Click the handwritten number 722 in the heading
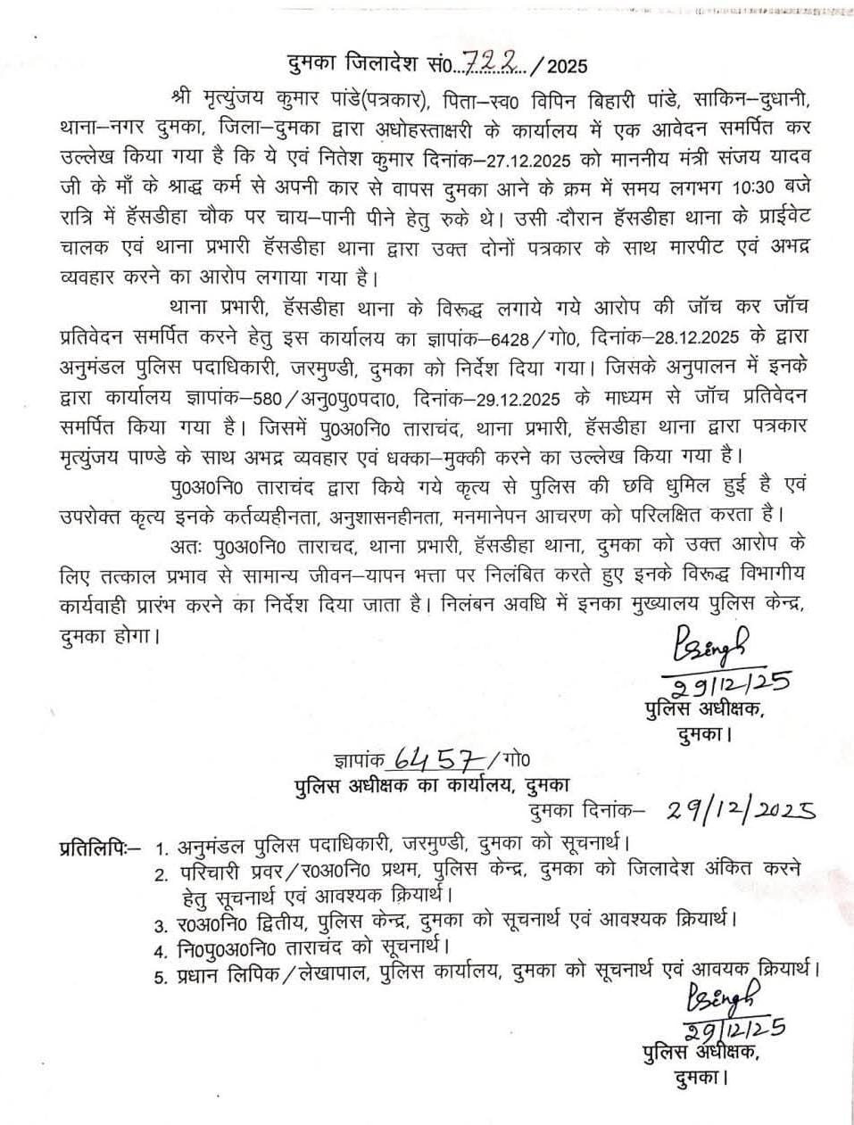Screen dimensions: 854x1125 pyautogui.click(x=504, y=63)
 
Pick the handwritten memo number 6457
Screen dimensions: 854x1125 pyautogui.click(x=435, y=759)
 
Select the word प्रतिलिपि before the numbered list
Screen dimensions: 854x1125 pyautogui.click(x=94, y=844)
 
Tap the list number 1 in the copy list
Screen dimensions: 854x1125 pyautogui.click(x=161, y=845)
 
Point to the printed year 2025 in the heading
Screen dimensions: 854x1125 pyautogui.click(x=568, y=65)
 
